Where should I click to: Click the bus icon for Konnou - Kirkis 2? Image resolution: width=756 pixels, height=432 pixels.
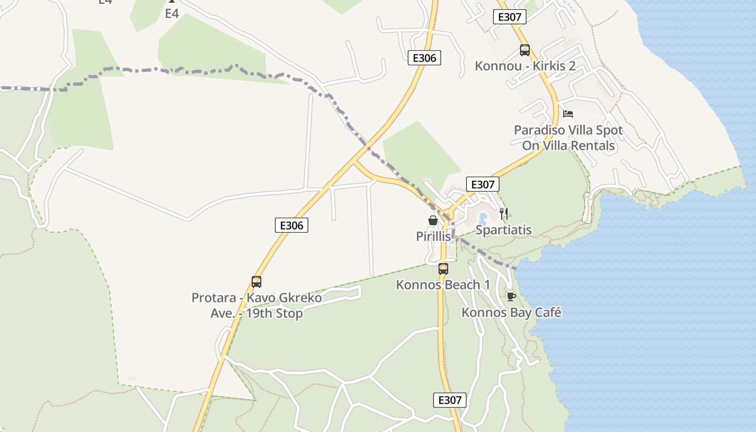point(524,50)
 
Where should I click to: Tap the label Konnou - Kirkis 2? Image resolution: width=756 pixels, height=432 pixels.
point(525,66)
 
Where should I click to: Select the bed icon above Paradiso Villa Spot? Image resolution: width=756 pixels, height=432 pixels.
point(568,114)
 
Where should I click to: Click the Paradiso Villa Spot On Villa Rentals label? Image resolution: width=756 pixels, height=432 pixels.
point(568,138)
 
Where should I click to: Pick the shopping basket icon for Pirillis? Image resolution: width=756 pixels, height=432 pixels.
point(433,220)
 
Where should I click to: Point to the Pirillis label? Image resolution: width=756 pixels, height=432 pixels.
point(433,236)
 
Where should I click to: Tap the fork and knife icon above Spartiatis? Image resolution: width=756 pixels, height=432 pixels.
point(503,214)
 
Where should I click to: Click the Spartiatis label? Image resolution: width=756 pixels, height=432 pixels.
point(503,230)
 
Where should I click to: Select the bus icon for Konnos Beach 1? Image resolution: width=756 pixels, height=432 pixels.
point(443,268)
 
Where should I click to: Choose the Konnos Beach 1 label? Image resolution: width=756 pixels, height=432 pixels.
point(443,285)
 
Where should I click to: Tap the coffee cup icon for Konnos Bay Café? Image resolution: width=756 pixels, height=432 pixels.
point(511,296)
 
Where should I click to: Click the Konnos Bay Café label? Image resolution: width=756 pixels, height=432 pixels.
point(511,312)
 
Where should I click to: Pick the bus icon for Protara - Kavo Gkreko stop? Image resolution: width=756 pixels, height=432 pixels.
point(256,281)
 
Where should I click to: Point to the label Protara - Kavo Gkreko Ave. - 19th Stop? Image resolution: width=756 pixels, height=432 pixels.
point(256,305)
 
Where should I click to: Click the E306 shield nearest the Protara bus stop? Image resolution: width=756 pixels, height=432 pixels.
point(292,225)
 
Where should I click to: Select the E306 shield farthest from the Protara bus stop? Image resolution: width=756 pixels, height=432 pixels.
point(424,58)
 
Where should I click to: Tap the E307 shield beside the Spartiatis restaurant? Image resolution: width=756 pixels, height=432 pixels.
point(482,184)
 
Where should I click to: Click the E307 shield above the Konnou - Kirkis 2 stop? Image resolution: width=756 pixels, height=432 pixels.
point(509,17)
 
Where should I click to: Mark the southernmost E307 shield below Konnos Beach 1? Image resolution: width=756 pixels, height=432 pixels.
point(449,400)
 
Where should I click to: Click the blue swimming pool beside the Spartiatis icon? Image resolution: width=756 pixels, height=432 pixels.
point(483,218)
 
